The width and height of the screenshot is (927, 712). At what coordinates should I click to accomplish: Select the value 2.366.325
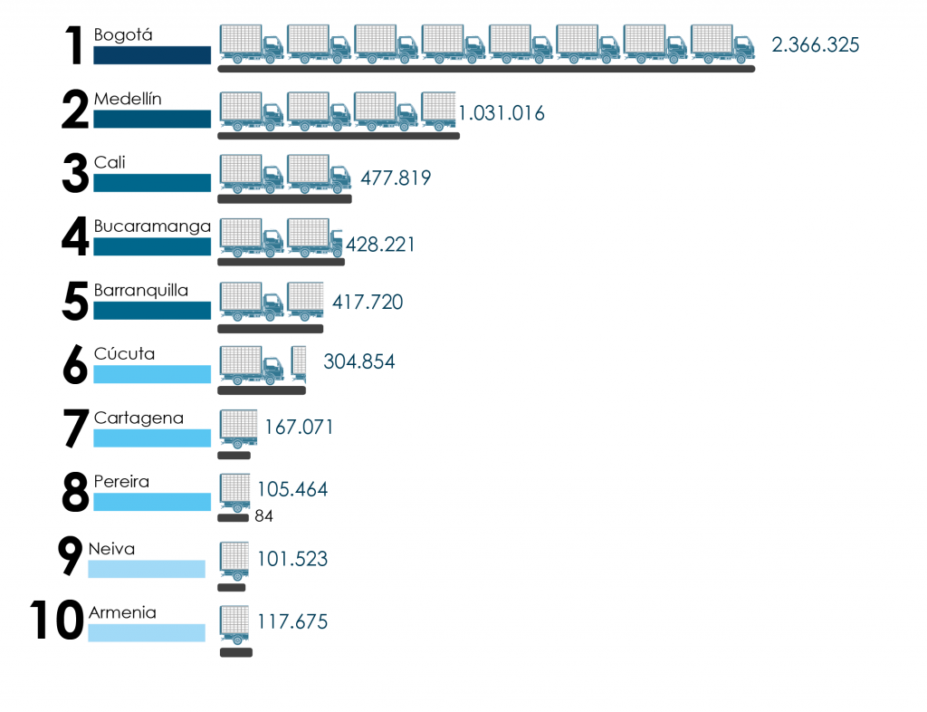pyautogui.click(x=815, y=44)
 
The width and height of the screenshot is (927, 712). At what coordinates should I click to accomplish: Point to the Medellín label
pyautogui.click(x=128, y=99)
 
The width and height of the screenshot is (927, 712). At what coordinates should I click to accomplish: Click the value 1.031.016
pyautogui.click(x=502, y=113)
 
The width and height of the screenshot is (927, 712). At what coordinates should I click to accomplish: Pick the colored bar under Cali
pyautogui.click(x=152, y=183)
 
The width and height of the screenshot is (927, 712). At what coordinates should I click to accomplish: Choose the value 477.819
pyautogui.click(x=396, y=178)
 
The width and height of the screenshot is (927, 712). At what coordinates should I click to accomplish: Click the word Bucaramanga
pyautogui.click(x=152, y=226)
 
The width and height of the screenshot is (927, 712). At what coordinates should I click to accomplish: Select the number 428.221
pyautogui.click(x=380, y=244)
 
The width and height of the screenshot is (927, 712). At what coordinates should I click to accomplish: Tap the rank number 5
pyautogui.click(x=74, y=303)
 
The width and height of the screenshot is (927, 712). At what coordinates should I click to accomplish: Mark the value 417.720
pyautogui.click(x=368, y=302)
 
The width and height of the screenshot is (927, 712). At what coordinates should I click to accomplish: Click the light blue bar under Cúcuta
pyautogui.click(x=152, y=374)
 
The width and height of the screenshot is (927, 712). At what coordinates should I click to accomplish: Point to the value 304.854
pyautogui.click(x=358, y=361)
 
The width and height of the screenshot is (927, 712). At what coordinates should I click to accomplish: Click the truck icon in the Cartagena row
pyautogui.click(x=239, y=428)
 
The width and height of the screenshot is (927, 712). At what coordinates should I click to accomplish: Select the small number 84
pyautogui.click(x=263, y=516)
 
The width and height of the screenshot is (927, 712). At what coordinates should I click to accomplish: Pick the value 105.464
pyautogui.click(x=292, y=490)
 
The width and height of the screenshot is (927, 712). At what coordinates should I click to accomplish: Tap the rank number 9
pyautogui.click(x=70, y=557)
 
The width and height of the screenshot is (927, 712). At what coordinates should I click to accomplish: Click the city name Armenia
pyautogui.click(x=122, y=613)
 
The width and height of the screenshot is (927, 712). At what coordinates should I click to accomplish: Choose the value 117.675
pyautogui.click(x=292, y=622)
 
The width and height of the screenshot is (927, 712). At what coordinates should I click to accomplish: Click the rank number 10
pyautogui.click(x=57, y=621)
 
